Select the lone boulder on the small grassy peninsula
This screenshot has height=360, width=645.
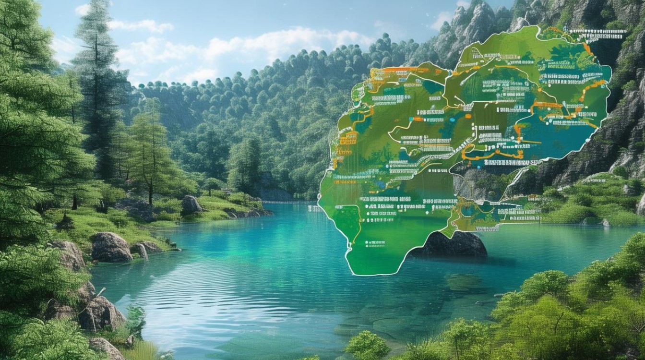191,205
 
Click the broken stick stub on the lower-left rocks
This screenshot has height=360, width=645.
101,292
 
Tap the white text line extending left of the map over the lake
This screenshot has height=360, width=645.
315,209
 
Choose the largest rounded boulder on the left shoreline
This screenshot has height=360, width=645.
111,247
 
